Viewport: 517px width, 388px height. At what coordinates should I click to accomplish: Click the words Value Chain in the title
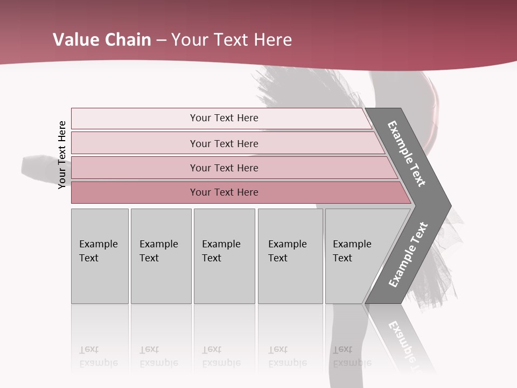coord(102,40)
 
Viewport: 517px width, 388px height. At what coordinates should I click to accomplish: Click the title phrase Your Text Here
coord(232,40)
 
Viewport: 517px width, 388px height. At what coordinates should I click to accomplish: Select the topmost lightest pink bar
coord(135,119)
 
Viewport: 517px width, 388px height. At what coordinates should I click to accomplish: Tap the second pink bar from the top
coord(135,143)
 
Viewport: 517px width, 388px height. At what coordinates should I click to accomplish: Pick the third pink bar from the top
coord(135,168)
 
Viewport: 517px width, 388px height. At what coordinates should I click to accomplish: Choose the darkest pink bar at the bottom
coord(135,192)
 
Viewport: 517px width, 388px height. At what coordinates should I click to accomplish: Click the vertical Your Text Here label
coord(62,155)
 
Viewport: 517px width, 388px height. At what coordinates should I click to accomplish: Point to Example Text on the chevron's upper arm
coord(407,154)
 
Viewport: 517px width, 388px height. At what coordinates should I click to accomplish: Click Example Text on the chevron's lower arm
coord(408,255)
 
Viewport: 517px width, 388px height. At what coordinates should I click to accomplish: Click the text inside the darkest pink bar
coord(224,192)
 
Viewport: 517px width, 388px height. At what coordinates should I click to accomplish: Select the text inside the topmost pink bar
coord(224,118)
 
